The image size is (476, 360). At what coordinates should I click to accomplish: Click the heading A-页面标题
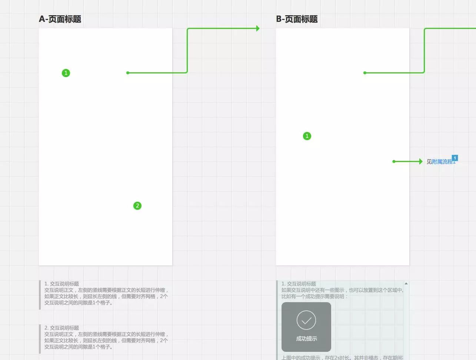60,19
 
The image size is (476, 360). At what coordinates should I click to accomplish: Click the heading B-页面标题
297,19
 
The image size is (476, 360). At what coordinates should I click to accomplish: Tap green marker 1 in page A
66,73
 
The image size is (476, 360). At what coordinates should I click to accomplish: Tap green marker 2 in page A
137,206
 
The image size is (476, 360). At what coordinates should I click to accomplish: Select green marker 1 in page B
307,136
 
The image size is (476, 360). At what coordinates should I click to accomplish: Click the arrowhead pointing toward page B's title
258,28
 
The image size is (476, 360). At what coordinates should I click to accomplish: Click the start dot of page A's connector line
128,73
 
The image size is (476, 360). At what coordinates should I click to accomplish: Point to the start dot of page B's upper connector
365,73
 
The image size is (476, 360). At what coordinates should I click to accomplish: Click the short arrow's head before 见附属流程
420,161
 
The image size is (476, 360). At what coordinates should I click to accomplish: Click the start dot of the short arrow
394,161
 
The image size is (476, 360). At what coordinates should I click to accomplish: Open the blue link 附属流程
442,162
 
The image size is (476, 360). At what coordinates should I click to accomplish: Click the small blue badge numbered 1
455,158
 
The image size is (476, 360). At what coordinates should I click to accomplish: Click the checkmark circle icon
306,320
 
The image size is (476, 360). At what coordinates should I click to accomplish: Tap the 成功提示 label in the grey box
306,338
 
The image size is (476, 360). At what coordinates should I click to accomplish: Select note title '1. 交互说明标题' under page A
61,284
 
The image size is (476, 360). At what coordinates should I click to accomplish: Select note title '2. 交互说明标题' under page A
61,328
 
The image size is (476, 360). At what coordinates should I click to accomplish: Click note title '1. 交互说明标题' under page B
299,284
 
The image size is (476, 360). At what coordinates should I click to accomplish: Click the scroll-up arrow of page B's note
406,284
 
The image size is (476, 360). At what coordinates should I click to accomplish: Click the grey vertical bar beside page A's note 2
40,339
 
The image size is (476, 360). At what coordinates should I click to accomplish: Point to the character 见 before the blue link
429,162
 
